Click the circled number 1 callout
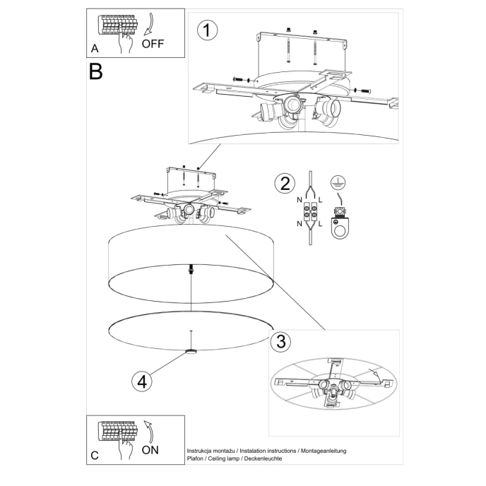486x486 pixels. [207, 31]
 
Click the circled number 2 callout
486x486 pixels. [285, 184]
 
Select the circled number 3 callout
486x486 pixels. [280, 342]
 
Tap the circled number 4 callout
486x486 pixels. [142, 381]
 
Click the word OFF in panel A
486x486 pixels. [153, 43]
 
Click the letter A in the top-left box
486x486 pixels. [95, 49]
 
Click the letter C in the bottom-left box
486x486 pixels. [95, 456]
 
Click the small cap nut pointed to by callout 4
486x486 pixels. [190, 351]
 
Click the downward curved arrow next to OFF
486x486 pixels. [149, 26]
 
